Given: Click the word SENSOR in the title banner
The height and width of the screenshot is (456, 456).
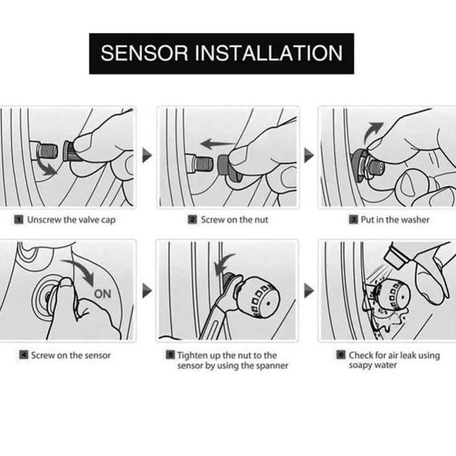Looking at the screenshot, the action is click(145, 53).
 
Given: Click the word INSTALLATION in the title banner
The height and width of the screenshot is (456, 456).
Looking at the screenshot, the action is click(269, 53).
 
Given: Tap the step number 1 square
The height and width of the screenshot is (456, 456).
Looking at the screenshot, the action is click(18, 220).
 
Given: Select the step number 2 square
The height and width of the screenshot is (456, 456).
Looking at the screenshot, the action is click(192, 220).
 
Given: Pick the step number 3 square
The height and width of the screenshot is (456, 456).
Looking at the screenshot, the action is click(354, 220).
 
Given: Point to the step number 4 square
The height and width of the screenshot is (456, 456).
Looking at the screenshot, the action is click(24, 355).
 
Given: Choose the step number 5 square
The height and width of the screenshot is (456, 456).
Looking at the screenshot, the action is click(170, 355).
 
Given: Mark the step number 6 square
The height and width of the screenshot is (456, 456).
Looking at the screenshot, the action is click(341, 355).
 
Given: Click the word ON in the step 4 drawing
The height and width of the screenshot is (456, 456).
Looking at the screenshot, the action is click(102, 294).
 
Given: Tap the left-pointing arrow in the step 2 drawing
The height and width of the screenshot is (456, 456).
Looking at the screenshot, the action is click(218, 144).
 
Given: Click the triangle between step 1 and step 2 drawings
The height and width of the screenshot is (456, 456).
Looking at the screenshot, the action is click(147, 155).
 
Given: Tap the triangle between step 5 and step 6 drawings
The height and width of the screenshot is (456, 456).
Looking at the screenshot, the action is click(309, 290).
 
